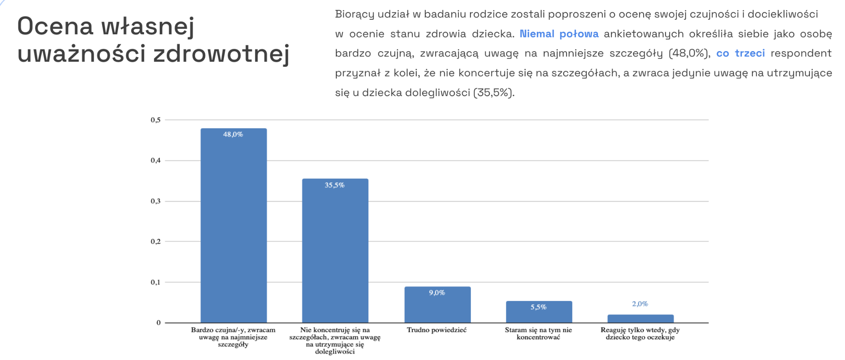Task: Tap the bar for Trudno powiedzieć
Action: pos(437,307)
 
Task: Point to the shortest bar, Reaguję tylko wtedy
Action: pos(640,319)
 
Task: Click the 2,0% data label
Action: pos(640,304)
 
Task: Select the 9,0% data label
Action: pos(437,293)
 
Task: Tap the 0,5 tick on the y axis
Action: pos(156,120)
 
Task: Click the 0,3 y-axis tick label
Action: pos(156,201)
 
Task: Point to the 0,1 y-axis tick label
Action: pos(156,282)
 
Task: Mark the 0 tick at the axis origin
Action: pos(158,323)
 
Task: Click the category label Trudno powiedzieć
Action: pos(437,330)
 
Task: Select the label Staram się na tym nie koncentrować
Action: pos(538,334)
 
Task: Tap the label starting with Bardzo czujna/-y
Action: pos(233,337)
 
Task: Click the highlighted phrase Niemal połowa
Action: pos(559,34)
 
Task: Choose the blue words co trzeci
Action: pos(741,53)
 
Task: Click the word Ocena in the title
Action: pos(55,26)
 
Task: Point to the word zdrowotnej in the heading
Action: pos(221,54)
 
